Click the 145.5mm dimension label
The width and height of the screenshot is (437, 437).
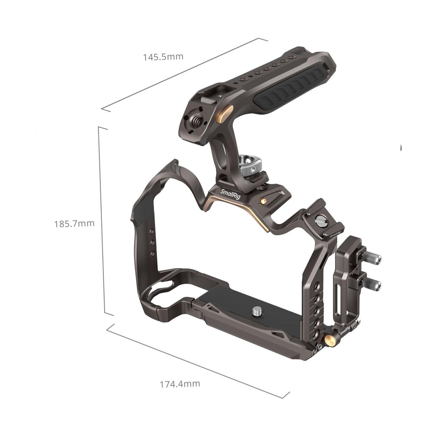point(163,57)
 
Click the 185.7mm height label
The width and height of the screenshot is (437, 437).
point(74,224)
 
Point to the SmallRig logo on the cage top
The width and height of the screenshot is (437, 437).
point(231,194)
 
